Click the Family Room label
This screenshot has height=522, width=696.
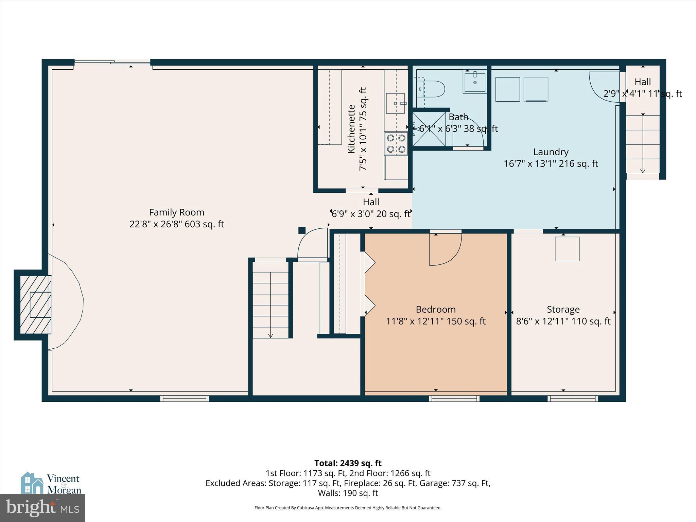176,212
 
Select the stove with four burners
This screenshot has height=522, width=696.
396,143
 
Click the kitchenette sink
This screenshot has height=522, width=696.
395,103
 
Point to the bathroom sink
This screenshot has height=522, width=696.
474,82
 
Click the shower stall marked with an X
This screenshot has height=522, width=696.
429,129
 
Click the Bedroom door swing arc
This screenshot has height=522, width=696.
445,250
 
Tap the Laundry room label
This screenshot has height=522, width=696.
551,152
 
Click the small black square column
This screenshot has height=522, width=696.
302,230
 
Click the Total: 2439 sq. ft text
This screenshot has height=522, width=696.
348,463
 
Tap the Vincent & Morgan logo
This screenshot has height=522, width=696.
51,483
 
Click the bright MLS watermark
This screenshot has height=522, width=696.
42,508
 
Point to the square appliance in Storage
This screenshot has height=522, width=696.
567,249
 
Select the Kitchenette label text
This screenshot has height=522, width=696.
351,129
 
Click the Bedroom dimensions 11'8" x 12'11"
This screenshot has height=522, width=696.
436,321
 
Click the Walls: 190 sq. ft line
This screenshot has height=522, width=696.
348,493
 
